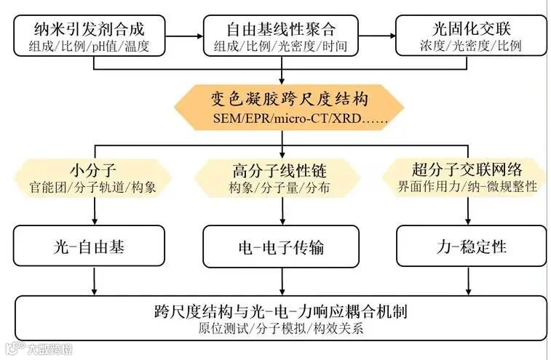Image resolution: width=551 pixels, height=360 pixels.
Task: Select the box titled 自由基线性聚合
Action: pos(280,36)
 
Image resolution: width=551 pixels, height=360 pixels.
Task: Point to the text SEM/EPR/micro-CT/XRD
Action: pos(280,118)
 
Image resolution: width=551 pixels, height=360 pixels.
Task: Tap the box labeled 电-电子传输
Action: pos(280,247)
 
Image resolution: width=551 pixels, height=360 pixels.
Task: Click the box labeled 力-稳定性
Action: pos(471,247)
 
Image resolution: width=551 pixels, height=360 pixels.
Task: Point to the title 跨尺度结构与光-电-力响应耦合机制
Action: pos(280,311)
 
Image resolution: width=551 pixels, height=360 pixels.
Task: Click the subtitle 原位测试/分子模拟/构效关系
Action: pos(280,329)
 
